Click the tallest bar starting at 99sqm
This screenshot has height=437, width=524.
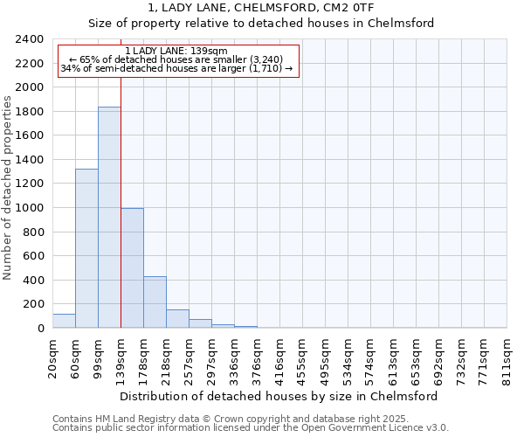pos(109,218)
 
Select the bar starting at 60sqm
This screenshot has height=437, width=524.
pos(86,249)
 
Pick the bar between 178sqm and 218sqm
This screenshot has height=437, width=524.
pos(155,302)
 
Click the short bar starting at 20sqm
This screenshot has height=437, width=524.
pos(64,322)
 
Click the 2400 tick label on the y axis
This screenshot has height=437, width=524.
pos(30,39)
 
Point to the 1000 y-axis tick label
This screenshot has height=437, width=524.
pos(30,208)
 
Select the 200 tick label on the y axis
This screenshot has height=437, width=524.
pos(33,304)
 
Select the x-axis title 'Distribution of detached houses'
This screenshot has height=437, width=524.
pos(279,396)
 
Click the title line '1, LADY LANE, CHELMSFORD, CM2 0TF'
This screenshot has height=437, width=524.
pos(261,8)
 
